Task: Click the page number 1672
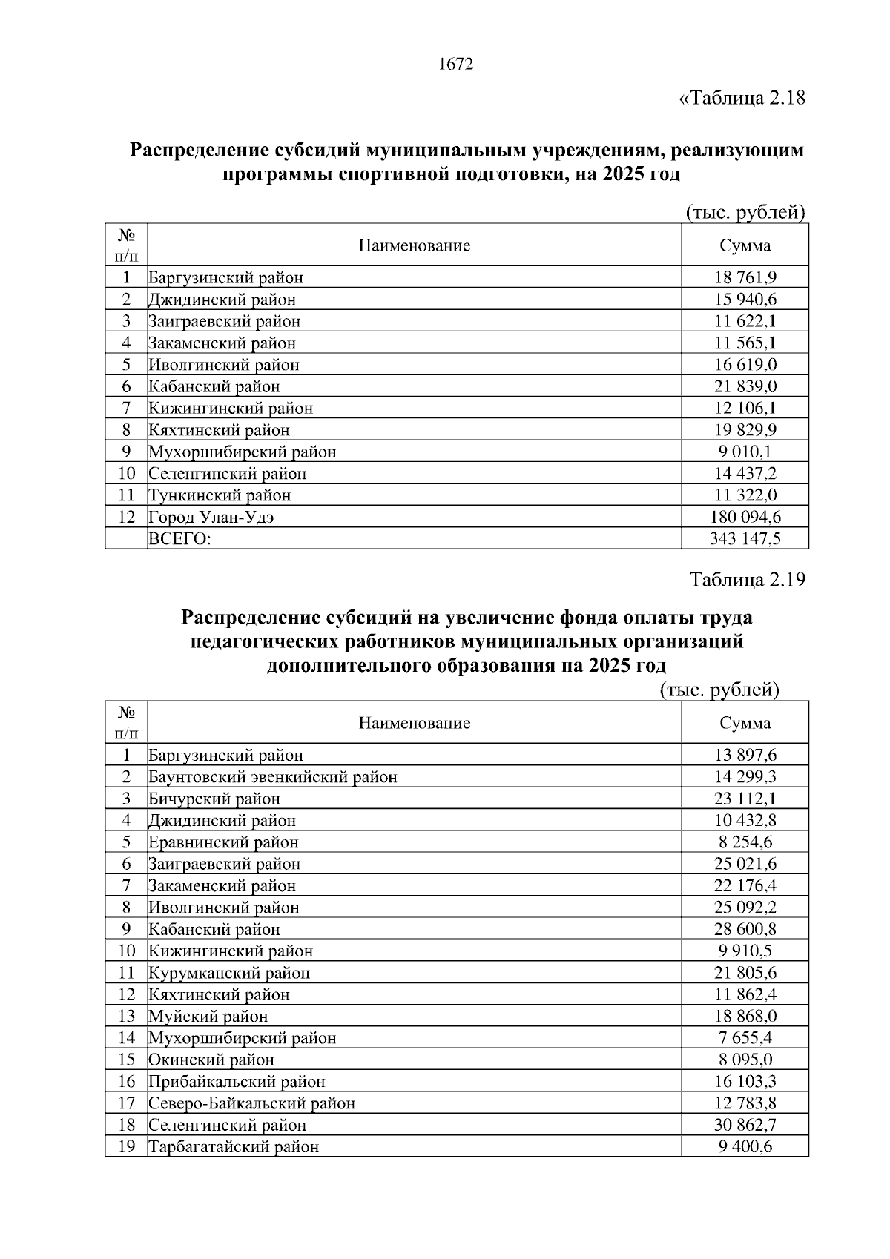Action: tap(455, 65)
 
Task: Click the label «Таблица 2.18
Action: tap(742, 98)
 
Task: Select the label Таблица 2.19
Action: tap(747, 579)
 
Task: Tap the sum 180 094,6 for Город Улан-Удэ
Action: tap(745, 517)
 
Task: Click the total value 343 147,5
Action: tap(745, 538)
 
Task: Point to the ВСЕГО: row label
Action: tap(180, 539)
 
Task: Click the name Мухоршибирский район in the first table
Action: tap(243, 452)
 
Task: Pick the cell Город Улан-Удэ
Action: tap(211, 517)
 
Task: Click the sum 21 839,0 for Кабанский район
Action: tap(745, 386)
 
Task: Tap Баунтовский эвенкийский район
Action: tap(273, 777)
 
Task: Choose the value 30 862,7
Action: tap(745, 1125)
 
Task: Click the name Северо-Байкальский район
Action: tap(252, 1103)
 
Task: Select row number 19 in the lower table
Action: tap(126, 1146)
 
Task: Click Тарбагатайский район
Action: tap(234, 1147)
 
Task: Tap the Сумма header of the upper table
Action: tap(745, 245)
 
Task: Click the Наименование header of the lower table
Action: tap(414, 723)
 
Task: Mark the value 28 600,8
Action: tap(745, 929)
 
